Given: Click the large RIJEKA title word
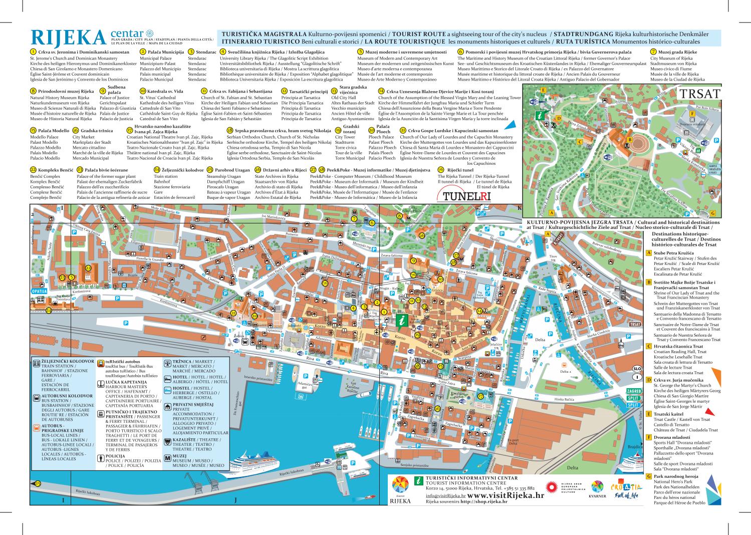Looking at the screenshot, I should [x=68, y=38].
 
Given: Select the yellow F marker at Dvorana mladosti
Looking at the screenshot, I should [x=692, y=114].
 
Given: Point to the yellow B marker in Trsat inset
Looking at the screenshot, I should [x=630, y=139].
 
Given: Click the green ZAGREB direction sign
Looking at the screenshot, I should [x=634, y=391].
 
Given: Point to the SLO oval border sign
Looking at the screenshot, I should [x=637, y=368].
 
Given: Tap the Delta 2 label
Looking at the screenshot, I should [x=566, y=372].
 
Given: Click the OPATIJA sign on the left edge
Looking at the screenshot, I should [x=39, y=291].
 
